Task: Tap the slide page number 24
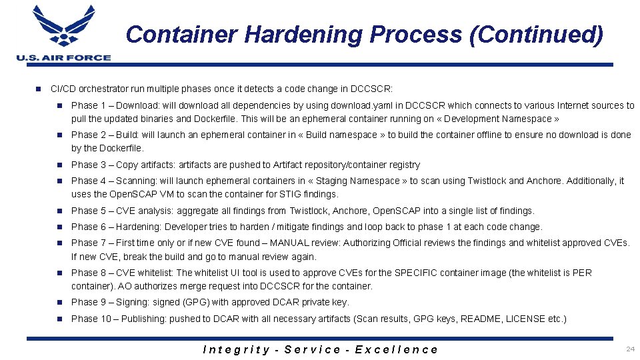click(x=630, y=349)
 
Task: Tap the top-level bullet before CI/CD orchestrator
click(x=39, y=89)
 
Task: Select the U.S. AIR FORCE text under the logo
click(x=63, y=58)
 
